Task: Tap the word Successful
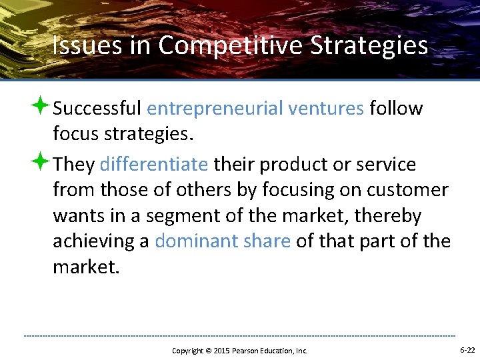97,108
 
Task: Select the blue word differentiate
154,164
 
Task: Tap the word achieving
101,241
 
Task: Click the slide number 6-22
467,350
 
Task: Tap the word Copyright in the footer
187,351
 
